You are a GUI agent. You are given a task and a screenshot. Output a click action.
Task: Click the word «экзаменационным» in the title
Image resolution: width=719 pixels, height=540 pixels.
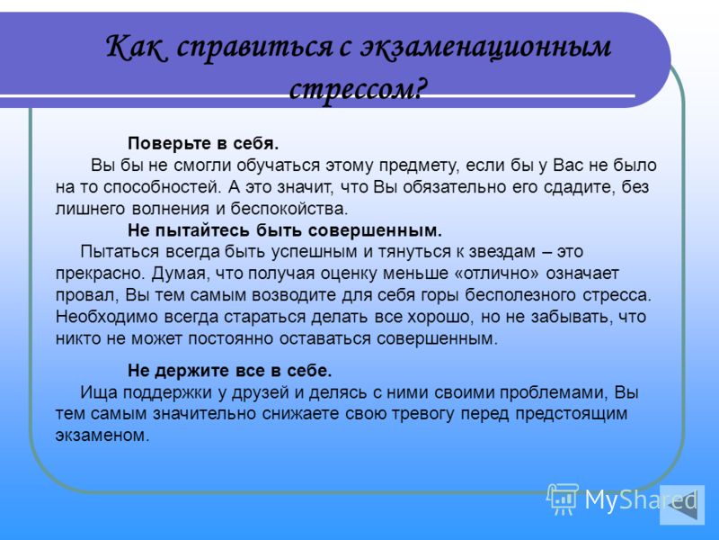click(485, 49)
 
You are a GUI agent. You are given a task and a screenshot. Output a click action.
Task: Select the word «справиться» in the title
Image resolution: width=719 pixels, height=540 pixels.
click(253, 49)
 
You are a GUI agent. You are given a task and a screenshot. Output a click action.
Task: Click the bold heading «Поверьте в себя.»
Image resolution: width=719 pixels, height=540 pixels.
click(203, 144)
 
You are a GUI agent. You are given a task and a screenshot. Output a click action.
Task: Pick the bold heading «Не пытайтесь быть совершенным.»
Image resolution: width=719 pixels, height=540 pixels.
click(285, 230)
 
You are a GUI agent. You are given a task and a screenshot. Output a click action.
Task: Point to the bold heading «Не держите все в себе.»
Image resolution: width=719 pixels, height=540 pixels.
click(230, 371)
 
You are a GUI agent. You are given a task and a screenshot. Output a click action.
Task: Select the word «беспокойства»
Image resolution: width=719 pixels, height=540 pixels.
click(288, 209)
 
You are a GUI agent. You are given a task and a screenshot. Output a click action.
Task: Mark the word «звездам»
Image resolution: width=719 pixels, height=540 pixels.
click(499, 252)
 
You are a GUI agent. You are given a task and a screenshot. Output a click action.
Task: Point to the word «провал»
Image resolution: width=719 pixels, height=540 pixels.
click(86, 295)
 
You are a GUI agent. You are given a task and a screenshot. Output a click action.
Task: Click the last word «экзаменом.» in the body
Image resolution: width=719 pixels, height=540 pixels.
click(102, 436)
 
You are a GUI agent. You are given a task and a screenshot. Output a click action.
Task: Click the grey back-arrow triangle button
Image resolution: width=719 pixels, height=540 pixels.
click(682, 505)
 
